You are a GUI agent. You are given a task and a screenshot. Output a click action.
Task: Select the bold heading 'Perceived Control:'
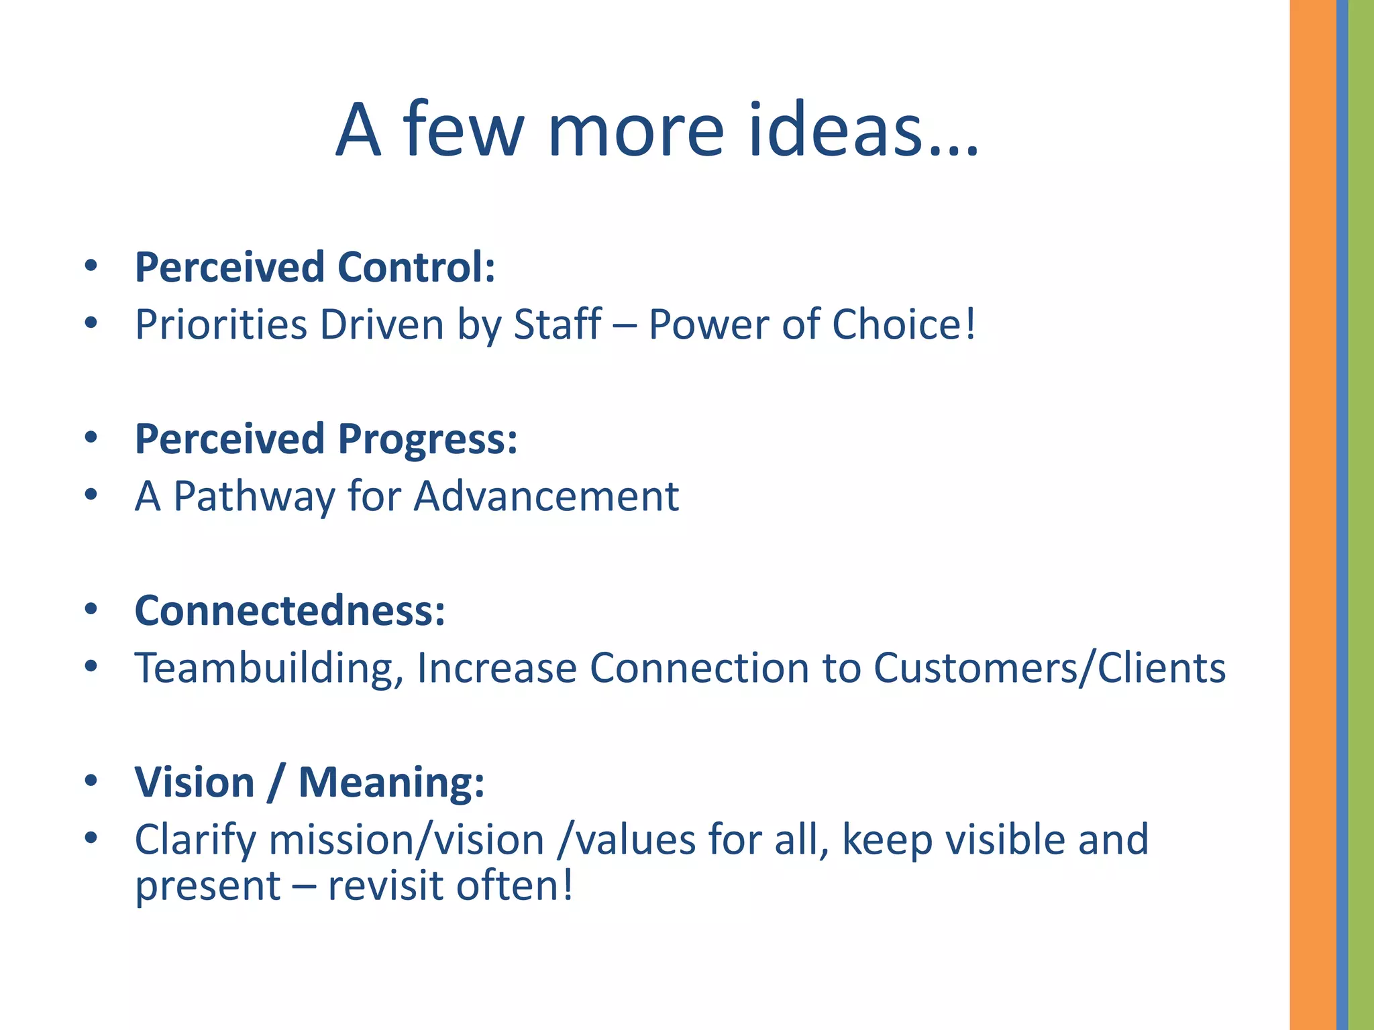coord(315,267)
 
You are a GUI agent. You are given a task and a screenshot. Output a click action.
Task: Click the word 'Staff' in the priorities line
coord(557,325)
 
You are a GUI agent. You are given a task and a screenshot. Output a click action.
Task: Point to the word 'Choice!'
coord(903,325)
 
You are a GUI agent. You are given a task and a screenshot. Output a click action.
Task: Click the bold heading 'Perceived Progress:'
coord(326,439)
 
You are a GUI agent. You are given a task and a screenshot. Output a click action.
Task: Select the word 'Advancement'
coord(546,496)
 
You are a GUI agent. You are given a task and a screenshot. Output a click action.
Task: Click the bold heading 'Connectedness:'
coord(290,610)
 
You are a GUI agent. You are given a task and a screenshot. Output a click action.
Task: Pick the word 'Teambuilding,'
coord(268,669)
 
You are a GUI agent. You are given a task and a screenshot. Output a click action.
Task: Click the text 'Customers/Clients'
coord(1049,668)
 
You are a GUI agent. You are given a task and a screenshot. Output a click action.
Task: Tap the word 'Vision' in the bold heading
coord(195,782)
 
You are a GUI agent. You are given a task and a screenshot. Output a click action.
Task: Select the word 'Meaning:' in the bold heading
coord(391,782)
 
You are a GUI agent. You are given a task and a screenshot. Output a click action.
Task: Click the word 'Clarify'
coord(195,841)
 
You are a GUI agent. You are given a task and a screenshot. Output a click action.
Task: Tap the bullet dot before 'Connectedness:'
coord(91,610)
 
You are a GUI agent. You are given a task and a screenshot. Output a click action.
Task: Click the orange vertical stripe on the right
coord(1312,515)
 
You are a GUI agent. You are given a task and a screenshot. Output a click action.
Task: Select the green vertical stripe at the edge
coord(1361,515)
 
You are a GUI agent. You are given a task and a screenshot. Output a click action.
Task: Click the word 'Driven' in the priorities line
coord(381,325)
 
